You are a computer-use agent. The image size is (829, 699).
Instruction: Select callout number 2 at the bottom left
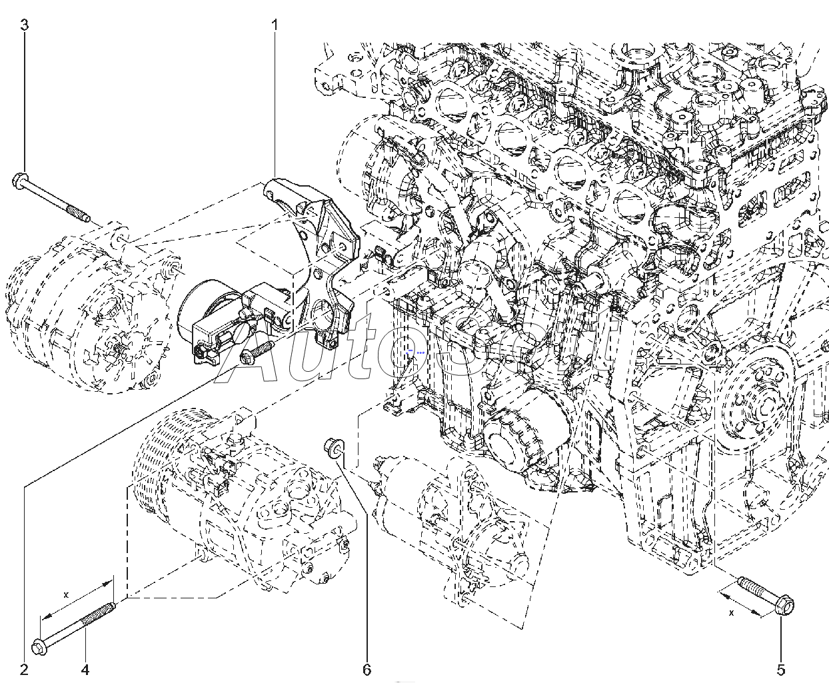[25, 669]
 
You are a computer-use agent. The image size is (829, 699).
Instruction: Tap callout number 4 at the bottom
[85, 669]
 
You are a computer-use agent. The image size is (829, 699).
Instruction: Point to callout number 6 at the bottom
[367, 669]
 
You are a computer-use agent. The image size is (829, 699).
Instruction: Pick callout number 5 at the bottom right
[781, 669]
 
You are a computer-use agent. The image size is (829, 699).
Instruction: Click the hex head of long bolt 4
[39, 646]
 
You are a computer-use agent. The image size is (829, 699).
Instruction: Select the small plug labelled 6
[332, 447]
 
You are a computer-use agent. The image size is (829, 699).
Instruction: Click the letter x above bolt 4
[65, 593]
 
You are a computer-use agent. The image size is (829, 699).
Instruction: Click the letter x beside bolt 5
[731, 612]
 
